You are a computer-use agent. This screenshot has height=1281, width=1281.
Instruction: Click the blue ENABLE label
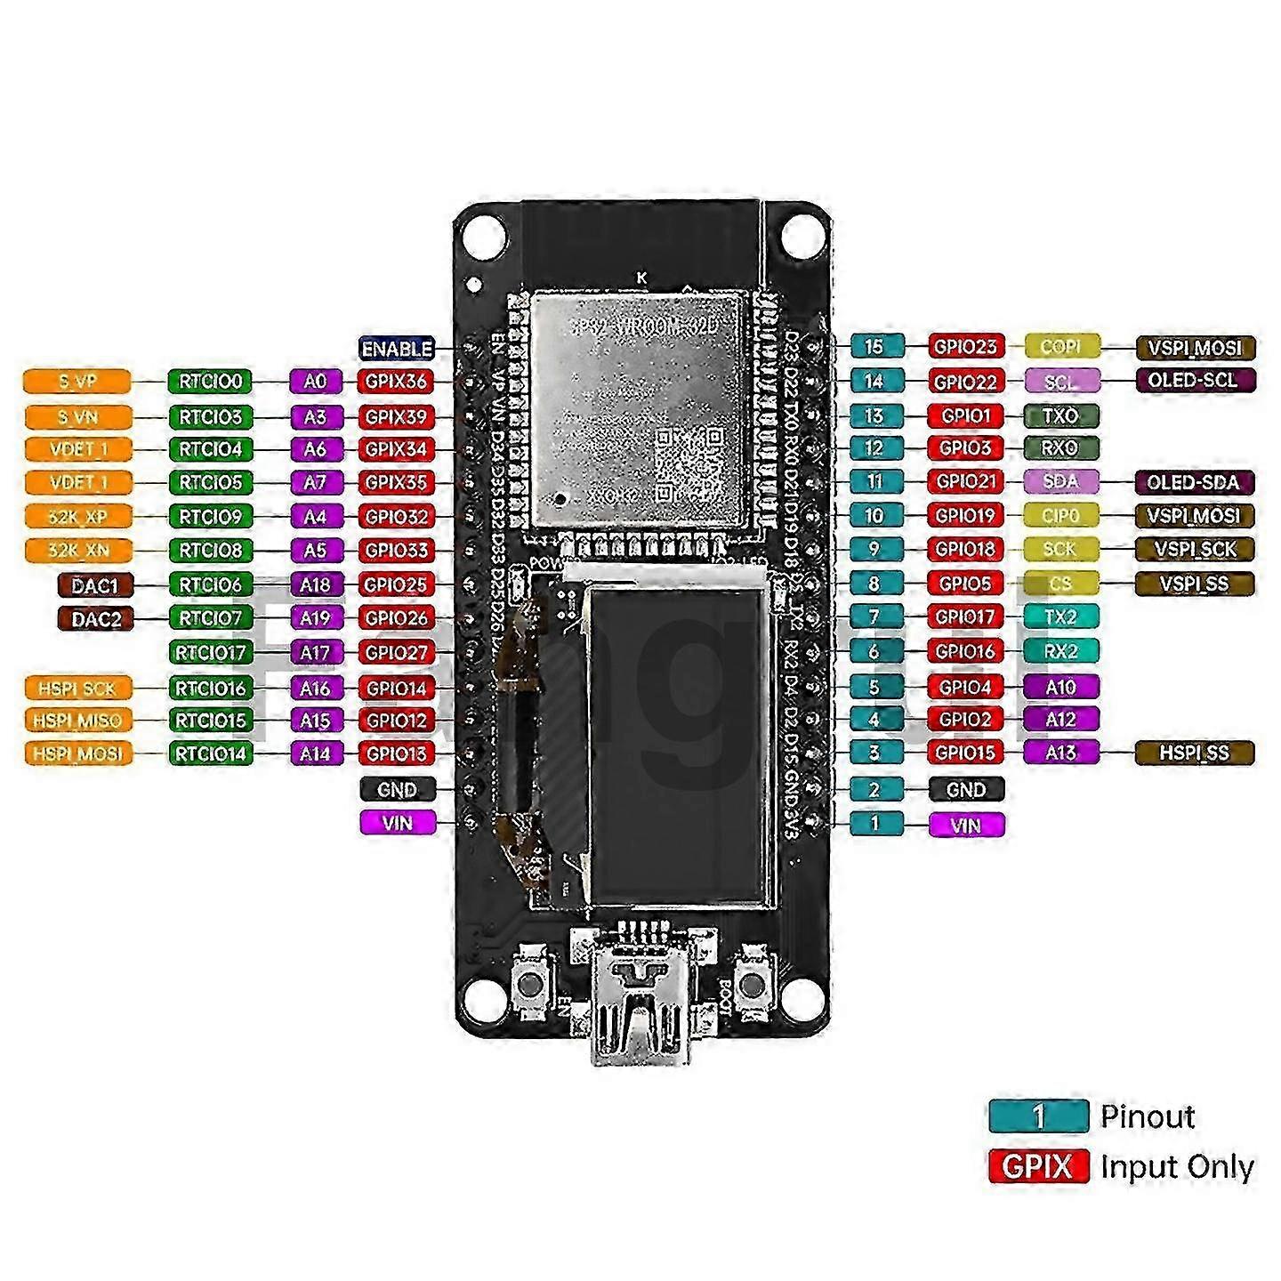pos(397,349)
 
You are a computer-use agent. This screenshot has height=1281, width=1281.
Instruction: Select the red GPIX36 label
pos(396,382)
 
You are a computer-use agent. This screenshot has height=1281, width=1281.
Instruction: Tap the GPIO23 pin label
pos(965,347)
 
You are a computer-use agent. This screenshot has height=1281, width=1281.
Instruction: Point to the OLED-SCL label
pos(1194,381)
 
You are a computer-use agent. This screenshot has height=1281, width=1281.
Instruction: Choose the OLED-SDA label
pos(1194,482)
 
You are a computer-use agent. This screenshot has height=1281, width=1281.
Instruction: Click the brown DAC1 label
pos(95,585)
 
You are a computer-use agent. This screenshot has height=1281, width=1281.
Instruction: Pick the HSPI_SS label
pos(1194,753)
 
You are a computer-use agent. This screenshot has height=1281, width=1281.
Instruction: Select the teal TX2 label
pos(1060,617)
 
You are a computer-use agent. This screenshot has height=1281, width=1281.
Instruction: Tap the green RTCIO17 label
pos(210,653)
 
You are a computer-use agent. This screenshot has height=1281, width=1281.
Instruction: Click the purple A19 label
pos(315,618)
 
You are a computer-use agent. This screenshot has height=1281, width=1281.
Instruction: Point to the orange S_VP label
pos(77,382)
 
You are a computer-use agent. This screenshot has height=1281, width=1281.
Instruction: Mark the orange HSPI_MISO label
pos(77,721)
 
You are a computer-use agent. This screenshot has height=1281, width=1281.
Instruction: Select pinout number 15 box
pos(875,347)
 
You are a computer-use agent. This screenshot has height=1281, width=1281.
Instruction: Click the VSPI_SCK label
pos(1194,550)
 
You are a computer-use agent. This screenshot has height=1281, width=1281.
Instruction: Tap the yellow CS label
pos(1060,584)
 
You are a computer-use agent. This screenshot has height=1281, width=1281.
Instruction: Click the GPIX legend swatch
pos(1038,1166)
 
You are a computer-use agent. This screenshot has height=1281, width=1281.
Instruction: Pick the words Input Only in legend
pos(1176,1166)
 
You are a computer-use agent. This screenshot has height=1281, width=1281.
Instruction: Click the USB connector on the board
pos(640,1005)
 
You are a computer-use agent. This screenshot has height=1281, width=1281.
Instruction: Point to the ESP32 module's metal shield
pos(638,409)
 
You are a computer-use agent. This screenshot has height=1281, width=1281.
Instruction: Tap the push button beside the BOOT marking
pos(753,984)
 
